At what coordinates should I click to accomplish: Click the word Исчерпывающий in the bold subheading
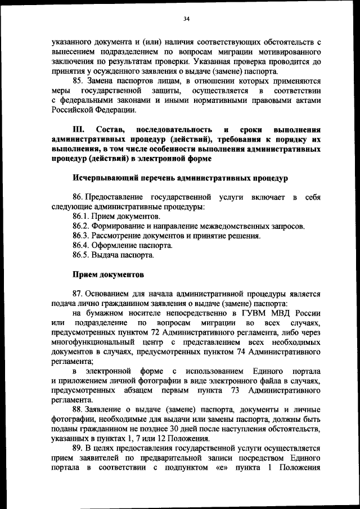coord(105,178)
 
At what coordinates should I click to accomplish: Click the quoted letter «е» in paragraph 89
coord(221,468)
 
